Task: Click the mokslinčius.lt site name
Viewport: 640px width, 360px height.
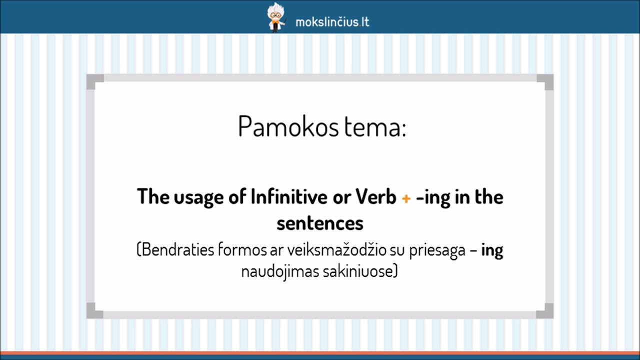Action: (x=332, y=22)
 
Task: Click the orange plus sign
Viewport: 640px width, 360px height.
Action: (x=406, y=198)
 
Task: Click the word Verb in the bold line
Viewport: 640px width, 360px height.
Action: (x=376, y=197)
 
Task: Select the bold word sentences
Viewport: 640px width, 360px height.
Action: (x=320, y=223)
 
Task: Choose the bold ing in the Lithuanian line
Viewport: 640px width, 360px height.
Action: (x=492, y=250)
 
